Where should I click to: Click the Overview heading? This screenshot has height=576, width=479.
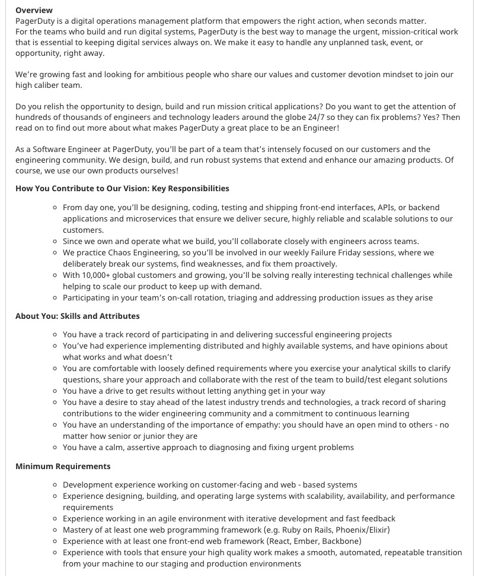pyautogui.click(x=34, y=10)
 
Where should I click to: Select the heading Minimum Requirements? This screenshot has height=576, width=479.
pyautogui.click(x=63, y=466)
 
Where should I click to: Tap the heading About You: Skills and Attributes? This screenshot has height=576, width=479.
pyautogui.click(x=78, y=316)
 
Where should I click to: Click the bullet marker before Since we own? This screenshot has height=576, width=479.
pyautogui.click(x=55, y=241)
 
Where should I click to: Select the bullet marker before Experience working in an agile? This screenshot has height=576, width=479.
pyautogui.click(x=55, y=518)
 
